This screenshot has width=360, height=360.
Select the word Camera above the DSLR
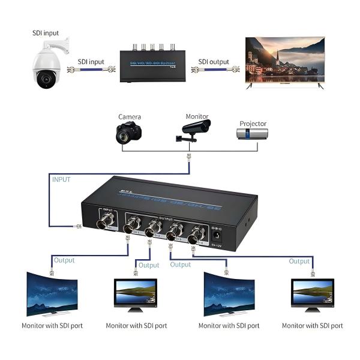(x=129, y=116)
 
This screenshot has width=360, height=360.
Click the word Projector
(x=253, y=124)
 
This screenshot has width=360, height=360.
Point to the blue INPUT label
(x=61, y=179)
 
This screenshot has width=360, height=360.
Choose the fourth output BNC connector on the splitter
(x=194, y=238)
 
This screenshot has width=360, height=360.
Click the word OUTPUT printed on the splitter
(x=165, y=219)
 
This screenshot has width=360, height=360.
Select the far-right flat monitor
(x=313, y=293)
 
